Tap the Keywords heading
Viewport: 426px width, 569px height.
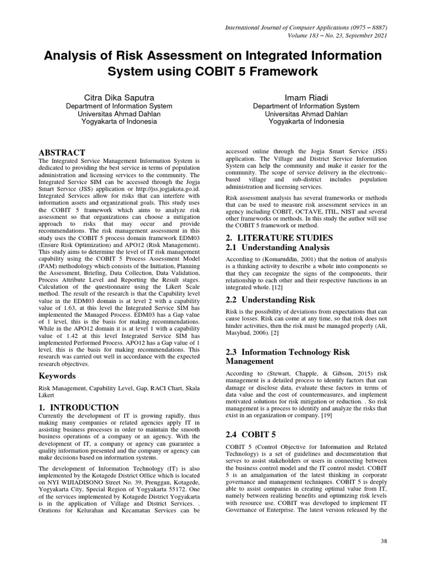[57, 376]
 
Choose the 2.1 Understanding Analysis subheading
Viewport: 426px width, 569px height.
[277, 247]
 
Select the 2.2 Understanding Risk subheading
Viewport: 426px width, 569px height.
[270, 300]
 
